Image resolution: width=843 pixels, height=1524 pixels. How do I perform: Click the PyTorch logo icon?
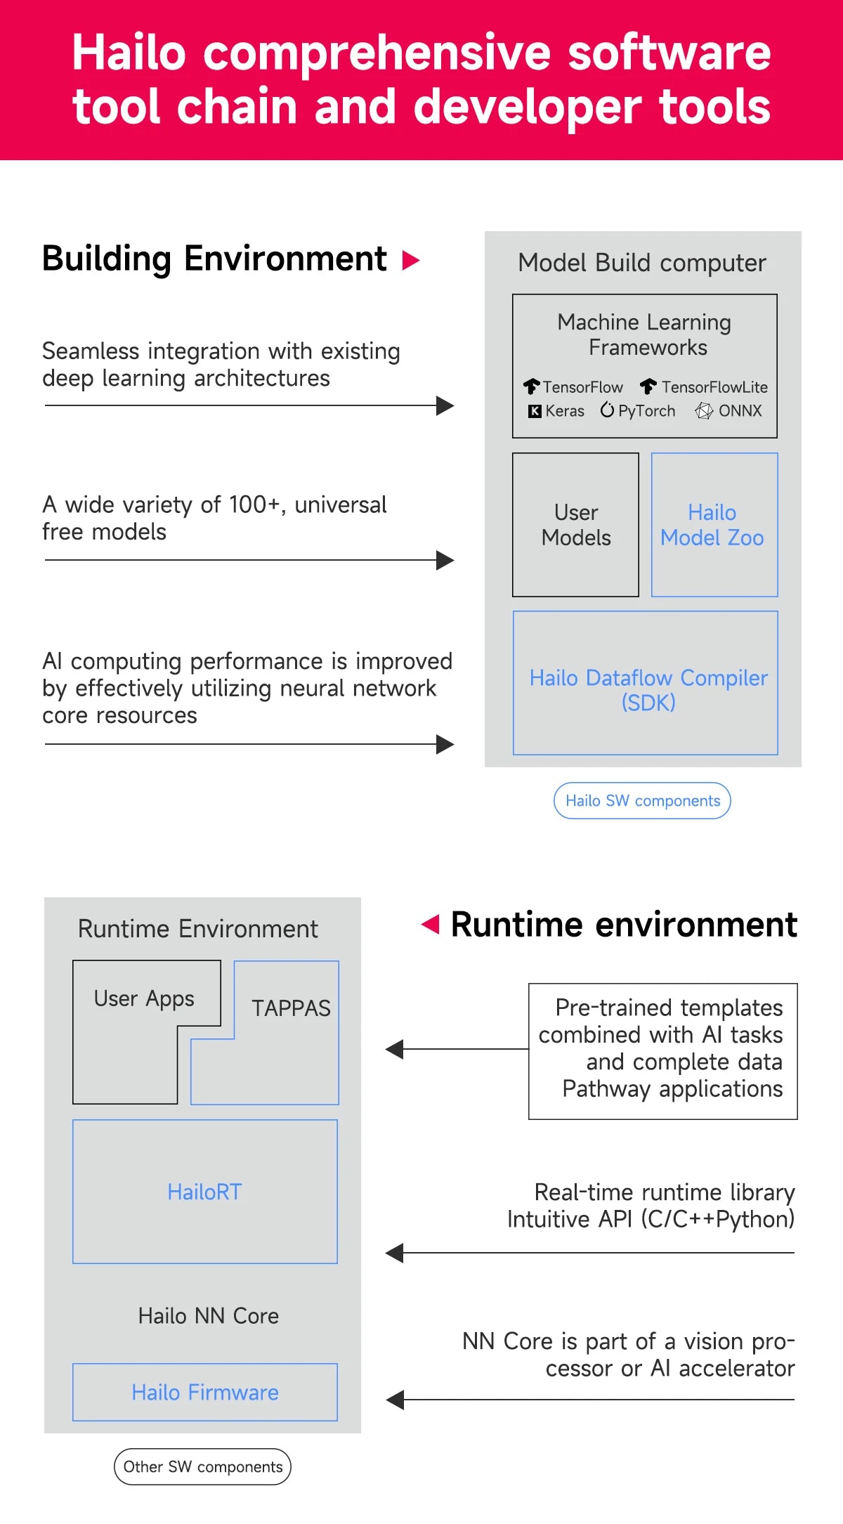(x=607, y=410)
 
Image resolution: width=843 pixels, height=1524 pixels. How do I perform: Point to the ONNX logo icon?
(x=704, y=411)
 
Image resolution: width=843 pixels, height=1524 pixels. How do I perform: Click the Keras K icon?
(x=535, y=411)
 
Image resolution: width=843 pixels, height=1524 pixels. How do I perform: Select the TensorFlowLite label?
(x=714, y=387)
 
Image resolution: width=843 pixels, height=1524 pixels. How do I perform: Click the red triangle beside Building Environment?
(x=410, y=261)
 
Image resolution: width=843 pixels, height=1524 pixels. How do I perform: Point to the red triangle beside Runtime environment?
(x=430, y=924)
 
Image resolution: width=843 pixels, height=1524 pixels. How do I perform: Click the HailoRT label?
(x=204, y=1192)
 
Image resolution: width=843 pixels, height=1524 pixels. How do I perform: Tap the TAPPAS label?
(x=291, y=1008)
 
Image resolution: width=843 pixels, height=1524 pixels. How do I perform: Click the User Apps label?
(x=144, y=999)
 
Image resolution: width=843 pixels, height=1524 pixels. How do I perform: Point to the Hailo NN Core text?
(x=209, y=1315)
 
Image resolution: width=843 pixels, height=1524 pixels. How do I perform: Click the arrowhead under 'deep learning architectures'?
(x=445, y=405)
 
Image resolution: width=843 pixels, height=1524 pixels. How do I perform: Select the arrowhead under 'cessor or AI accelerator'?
(x=395, y=1400)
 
